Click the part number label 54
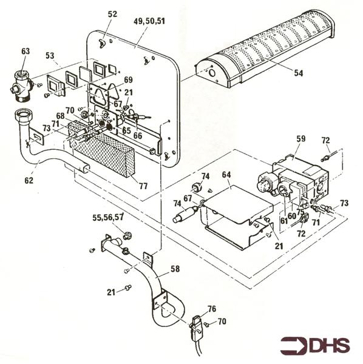pyautogui.click(x=299, y=73)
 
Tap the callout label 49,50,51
pyautogui.click(x=149, y=21)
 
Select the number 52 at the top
pyautogui.click(x=113, y=14)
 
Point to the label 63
pyautogui.click(x=25, y=51)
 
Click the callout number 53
pyautogui.click(x=50, y=56)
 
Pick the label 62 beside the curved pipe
pyautogui.click(x=29, y=180)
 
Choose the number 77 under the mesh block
pyautogui.click(x=143, y=186)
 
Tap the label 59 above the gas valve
pyautogui.click(x=300, y=139)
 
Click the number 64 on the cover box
pyautogui.click(x=226, y=175)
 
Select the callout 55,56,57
pyautogui.click(x=108, y=218)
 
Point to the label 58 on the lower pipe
pyautogui.click(x=175, y=269)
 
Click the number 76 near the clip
pyautogui.click(x=212, y=309)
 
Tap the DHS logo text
pyautogui.click(x=330, y=345)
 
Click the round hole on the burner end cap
pyautogui.click(x=212, y=73)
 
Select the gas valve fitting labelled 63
pyautogui.click(x=21, y=86)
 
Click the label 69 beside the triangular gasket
pyautogui.click(x=128, y=79)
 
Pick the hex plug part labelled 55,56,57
pyautogui.click(x=127, y=235)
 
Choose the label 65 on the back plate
pyautogui.click(x=127, y=130)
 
